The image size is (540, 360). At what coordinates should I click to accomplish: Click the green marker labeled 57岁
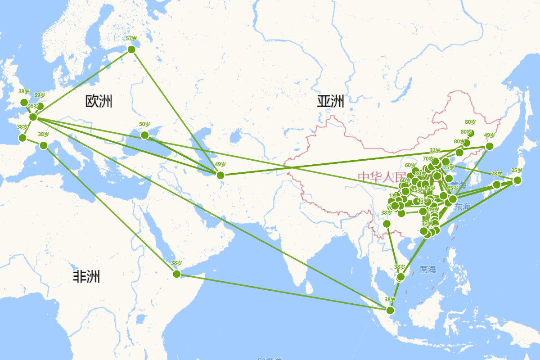pyautogui.click(x=131, y=49)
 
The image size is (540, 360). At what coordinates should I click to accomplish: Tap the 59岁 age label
pyautogui.click(x=40, y=95)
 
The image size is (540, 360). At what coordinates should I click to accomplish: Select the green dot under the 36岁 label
pyautogui.click(x=33, y=117)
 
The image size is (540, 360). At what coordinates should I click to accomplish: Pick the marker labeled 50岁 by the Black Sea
pyautogui.click(x=144, y=135)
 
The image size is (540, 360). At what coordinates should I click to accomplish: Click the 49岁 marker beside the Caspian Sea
pyautogui.click(x=220, y=175)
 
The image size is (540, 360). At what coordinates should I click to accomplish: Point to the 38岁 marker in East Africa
pyautogui.click(x=176, y=274)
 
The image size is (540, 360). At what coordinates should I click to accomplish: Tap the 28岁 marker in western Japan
pyautogui.click(x=496, y=184)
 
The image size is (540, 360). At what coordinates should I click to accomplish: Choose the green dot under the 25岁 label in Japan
pyautogui.click(x=517, y=180)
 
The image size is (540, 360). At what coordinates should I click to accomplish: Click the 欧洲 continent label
pyautogui.click(x=99, y=101)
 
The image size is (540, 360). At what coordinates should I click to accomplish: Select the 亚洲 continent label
pyautogui.click(x=330, y=101)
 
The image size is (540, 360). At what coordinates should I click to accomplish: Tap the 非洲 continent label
pyautogui.click(x=86, y=276)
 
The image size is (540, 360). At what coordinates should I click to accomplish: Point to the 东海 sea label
pyautogui.click(x=462, y=207)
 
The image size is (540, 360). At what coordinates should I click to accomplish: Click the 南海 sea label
pyautogui.click(x=428, y=270)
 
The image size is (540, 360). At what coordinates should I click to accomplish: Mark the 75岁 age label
pyautogui.click(x=449, y=167)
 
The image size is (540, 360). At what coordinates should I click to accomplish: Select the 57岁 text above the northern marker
pyautogui.click(x=131, y=39)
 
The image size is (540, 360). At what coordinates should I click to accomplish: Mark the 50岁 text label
pyautogui.click(x=144, y=124)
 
